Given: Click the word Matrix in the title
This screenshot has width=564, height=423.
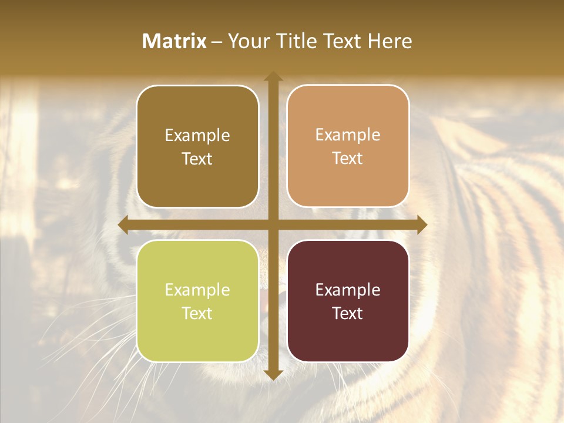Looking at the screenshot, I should (x=174, y=41).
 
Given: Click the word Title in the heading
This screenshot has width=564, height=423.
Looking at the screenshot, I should (x=296, y=41).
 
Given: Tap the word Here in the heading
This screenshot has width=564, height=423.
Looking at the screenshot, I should (x=390, y=41).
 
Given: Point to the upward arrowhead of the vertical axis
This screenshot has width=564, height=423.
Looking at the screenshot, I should (x=273, y=76).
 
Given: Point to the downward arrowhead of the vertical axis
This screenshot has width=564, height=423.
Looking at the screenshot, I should (x=273, y=374).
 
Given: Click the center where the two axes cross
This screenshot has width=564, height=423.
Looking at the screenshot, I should (x=273, y=225).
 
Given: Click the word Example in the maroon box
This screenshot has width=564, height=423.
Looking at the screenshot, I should (x=348, y=290).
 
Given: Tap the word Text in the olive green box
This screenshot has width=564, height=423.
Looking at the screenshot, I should (x=197, y=313).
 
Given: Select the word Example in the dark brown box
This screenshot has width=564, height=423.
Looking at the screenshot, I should (x=197, y=135).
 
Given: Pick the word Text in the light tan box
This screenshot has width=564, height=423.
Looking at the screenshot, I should (x=348, y=159).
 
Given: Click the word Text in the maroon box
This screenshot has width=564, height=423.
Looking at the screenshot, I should (x=348, y=313).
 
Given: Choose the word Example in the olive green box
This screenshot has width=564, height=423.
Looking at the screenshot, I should (x=197, y=290).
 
